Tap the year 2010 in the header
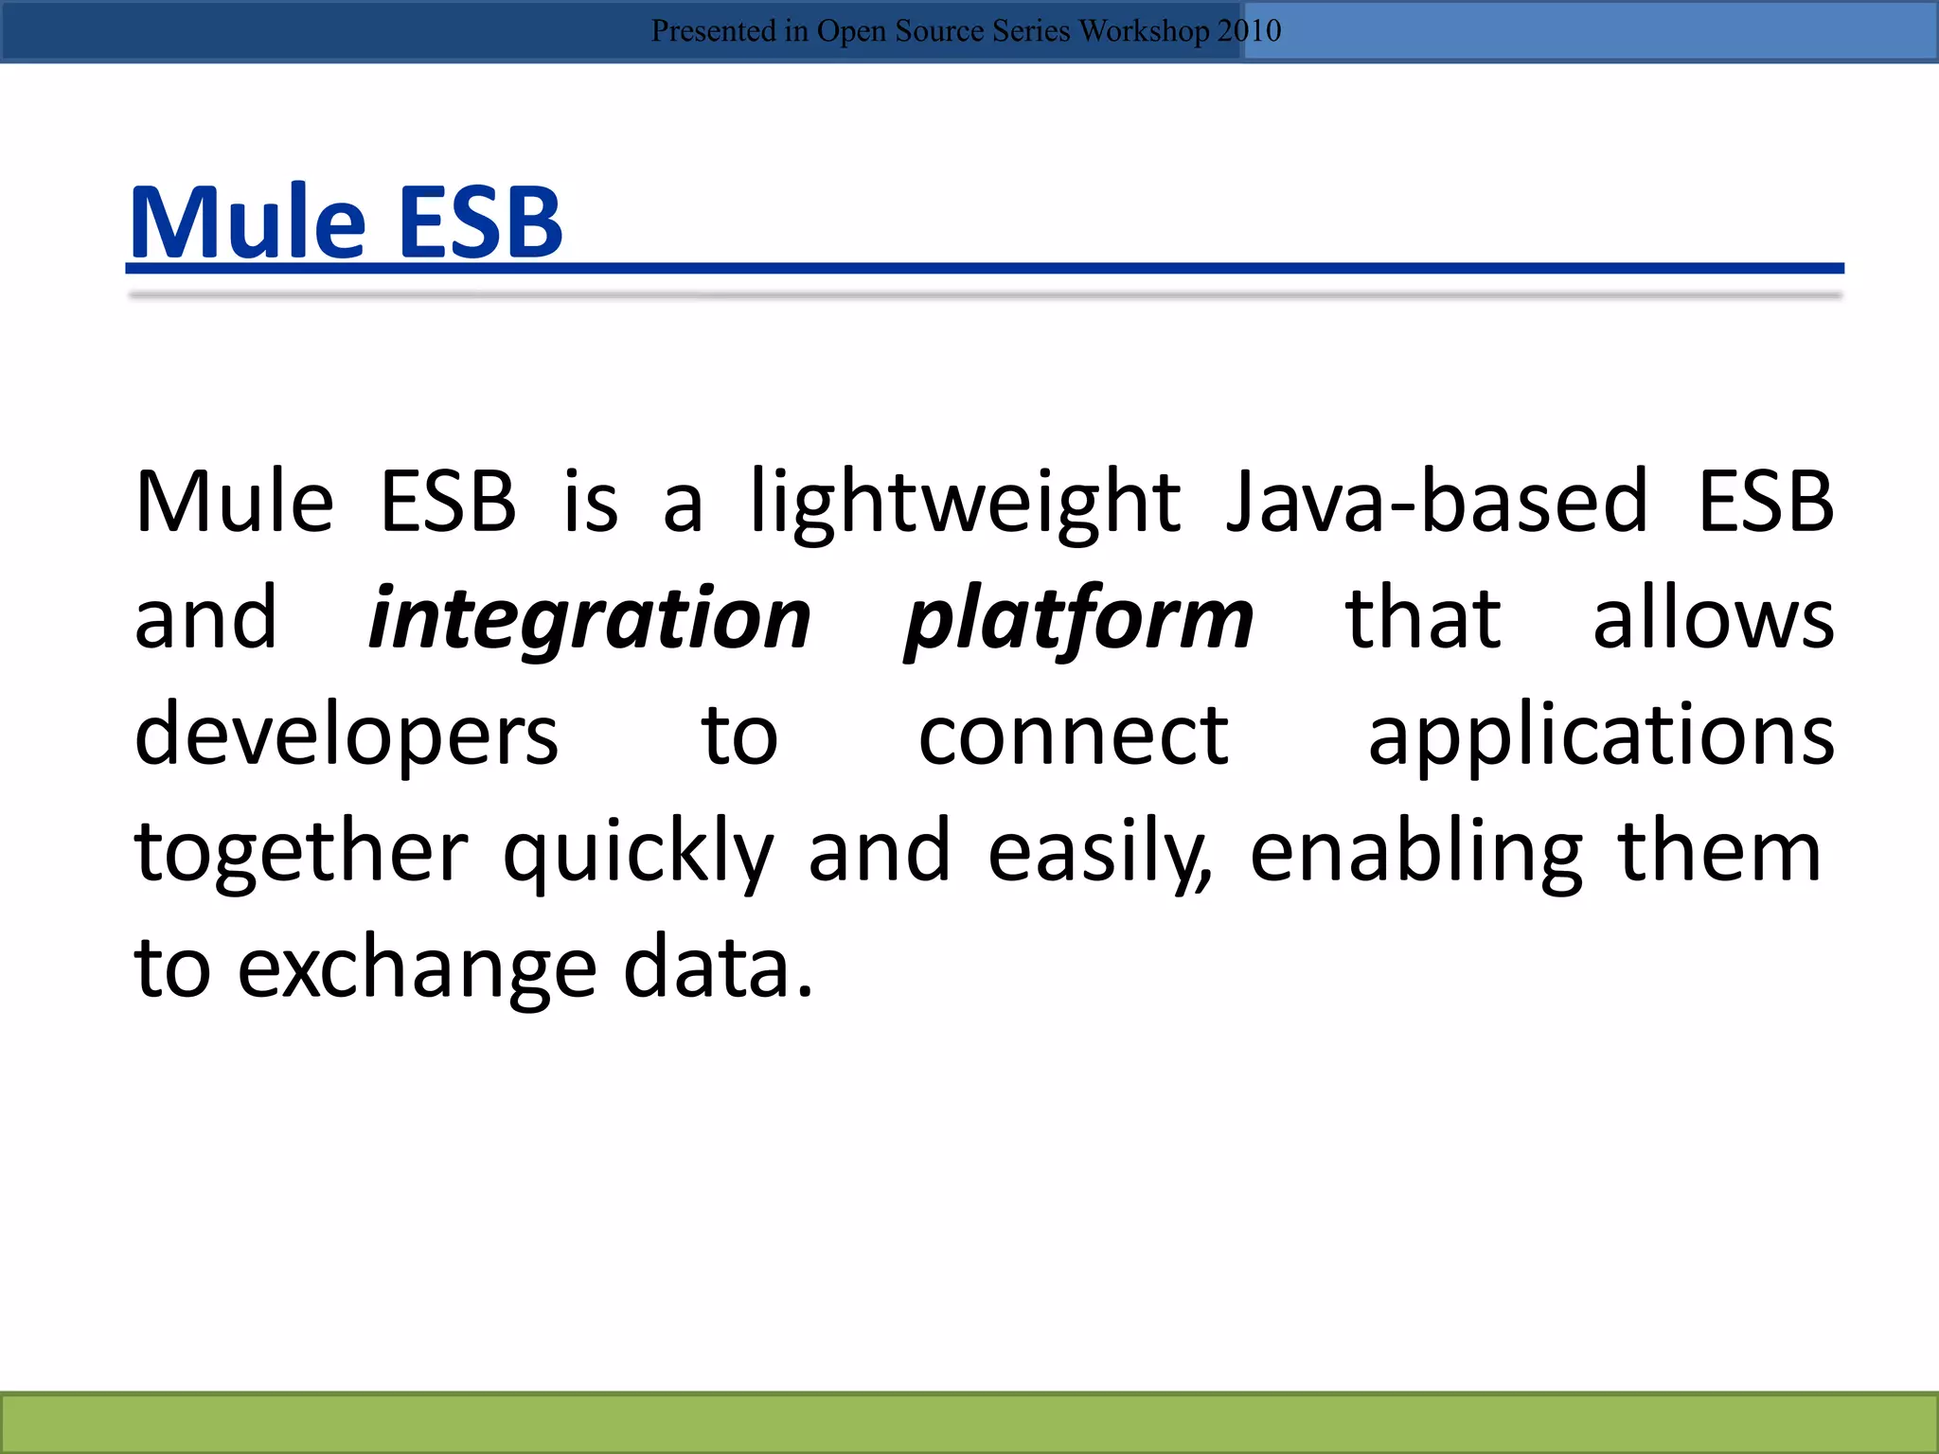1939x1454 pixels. (x=1249, y=31)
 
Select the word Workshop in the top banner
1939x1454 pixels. (x=1144, y=31)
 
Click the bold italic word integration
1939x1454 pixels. (x=589, y=619)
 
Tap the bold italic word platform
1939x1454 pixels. (x=1078, y=619)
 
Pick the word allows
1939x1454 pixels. (x=1713, y=619)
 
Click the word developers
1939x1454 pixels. (x=347, y=736)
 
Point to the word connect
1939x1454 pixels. (x=1073, y=736)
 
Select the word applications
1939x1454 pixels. (x=1601, y=736)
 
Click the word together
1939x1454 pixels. (x=301, y=852)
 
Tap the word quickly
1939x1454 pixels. (x=637, y=852)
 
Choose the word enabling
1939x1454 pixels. (x=1415, y=852)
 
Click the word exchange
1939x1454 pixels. (x=417, y=968)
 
